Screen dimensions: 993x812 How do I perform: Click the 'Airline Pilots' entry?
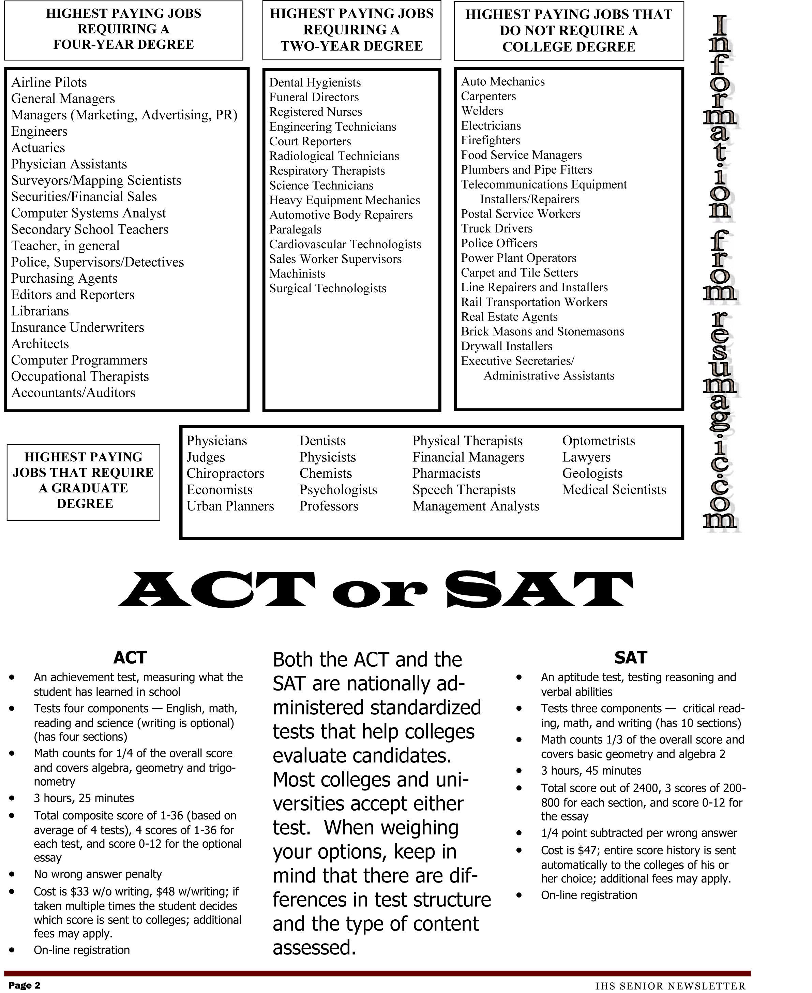pos(49,83)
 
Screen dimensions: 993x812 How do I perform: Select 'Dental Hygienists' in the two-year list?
pos(315,83)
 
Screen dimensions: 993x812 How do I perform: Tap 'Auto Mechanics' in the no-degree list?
pos(503,82)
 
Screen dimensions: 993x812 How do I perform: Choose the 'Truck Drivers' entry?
pos(497,229)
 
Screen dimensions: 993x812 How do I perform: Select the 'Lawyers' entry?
pos(586,457)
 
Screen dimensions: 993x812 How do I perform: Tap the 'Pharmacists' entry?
pos(446,474)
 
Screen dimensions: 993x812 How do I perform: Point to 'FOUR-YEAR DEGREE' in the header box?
pos(123,44)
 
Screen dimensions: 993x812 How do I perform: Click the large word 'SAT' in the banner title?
pos(539,590)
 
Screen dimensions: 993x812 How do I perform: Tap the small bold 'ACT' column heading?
pos(130,658)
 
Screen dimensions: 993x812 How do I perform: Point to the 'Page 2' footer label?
pos(24,985)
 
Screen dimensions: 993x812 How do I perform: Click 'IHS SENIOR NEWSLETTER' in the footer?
pos(670,986)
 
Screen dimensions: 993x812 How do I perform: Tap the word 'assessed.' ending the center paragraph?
pos(314,948)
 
